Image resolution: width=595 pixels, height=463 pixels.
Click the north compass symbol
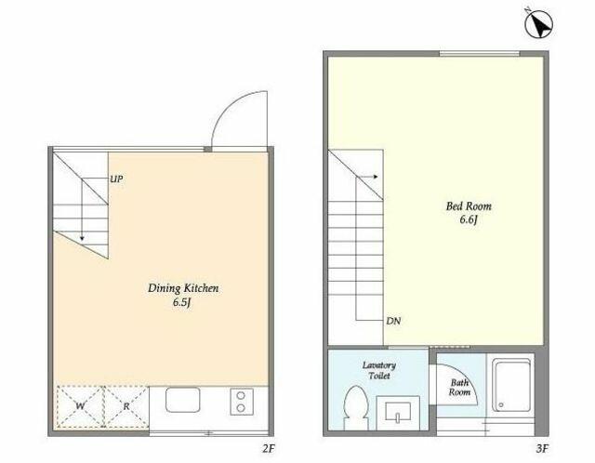(538, 23)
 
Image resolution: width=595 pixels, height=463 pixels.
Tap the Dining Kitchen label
(183, 288)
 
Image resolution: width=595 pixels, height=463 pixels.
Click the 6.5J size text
(182, 302)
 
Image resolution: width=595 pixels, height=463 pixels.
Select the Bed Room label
(469, 206)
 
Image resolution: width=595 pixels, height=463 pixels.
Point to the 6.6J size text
(469, 219)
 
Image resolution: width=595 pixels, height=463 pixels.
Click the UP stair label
(116, 179)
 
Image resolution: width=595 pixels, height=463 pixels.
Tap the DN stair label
(393, 321)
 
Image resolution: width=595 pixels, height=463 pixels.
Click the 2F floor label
(268, 449)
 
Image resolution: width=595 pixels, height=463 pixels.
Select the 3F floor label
(542, 449)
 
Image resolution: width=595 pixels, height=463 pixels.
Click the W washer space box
(80, 406)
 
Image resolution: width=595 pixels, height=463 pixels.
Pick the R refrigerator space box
(126, 406)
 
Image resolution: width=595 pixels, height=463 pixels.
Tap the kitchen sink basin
(183, 400)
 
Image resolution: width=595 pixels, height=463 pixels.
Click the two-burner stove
(242, 402)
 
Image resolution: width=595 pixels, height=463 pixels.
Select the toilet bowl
(355, 407)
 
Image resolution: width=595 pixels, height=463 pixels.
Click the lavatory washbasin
(398, 412)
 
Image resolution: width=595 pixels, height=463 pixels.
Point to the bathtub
(511, 385)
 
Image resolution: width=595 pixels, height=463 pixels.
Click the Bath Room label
(459, 388)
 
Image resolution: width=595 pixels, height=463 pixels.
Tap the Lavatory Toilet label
(379, 371)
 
